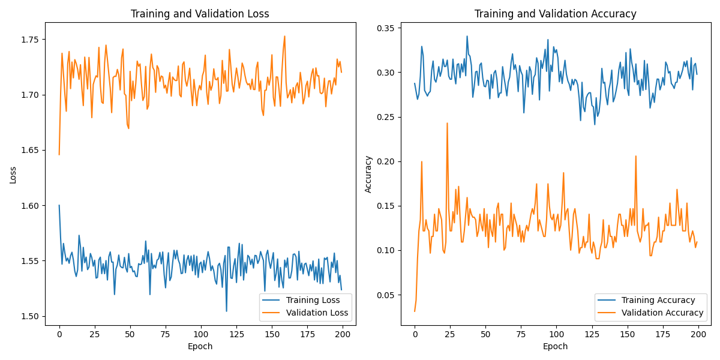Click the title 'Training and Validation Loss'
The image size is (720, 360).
pyautogui.click(x=200, y=14)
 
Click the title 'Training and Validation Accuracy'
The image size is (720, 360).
pyautogui.click(x=555, y=14)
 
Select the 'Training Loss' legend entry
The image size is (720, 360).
pyautogui.click(x=313, y=300)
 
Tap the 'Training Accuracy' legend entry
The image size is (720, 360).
pyautogui.click(x=658, y=300)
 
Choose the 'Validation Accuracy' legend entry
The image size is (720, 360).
pyautogui.click(x=662, y=313)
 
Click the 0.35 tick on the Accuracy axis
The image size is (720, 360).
pyautogui.click(x=385, y=28)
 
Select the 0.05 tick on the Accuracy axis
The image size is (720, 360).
pyautogui.click(x=385, y=295)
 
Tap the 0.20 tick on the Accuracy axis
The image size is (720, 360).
pyautogui.click(x=385, y=161)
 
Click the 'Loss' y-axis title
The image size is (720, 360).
pyautogui.click(x=13, y=174)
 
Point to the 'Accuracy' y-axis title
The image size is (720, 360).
pyautogui.click(x=368, y=174)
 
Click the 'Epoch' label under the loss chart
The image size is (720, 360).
pyautogui.click(x=200, y=346)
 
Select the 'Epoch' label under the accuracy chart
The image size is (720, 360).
pyautogui.click(x=555, y=346)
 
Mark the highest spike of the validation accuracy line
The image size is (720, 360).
pyautogui.click(x=447, y=123)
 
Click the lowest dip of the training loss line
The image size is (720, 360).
pyautogui.click(x=226, y=311)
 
